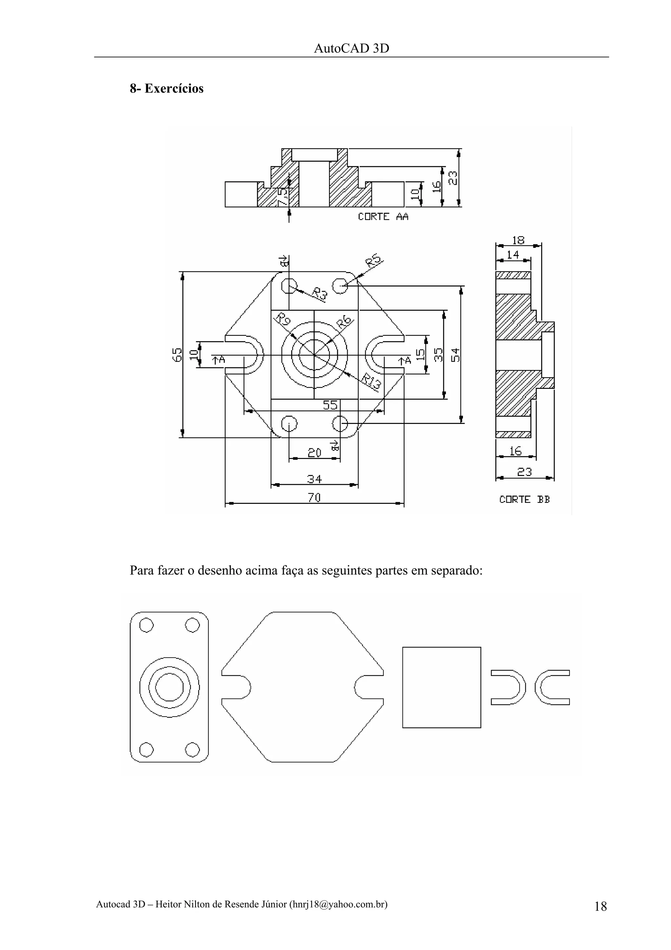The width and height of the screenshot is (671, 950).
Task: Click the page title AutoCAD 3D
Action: click(352, 49)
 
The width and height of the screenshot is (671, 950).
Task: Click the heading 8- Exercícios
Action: click(167, 89)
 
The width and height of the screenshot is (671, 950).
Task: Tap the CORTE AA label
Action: click(383, 217)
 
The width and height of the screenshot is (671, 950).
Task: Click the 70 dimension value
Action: click(314, 497)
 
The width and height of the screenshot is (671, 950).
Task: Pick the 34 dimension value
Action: click(314, 479)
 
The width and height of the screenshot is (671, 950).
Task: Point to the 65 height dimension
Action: click(177, 355)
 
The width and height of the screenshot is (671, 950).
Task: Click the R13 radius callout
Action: click(371, 382)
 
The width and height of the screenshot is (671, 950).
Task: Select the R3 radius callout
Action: click(319, 294)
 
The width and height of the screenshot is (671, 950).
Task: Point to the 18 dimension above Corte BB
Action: click(518, 240)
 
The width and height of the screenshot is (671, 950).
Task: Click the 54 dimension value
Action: click(455, 355)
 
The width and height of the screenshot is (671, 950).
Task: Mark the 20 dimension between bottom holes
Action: click(314, 453)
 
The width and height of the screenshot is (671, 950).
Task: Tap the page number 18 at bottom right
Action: click(600, 906)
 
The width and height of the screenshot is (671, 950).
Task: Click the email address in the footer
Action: click(338, 904)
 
